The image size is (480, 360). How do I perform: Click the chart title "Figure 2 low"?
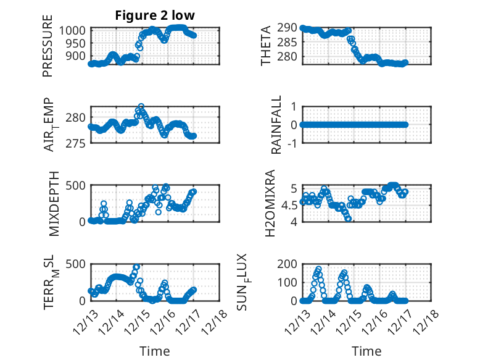click(155, 16)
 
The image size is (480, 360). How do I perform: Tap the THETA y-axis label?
click(266, 46)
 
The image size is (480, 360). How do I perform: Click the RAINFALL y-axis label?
click(276, 125)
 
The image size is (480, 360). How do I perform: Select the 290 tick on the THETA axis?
click(289, 28)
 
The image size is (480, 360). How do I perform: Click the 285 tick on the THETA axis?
click(289, 43)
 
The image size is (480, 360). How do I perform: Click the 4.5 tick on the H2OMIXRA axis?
click(289, 203)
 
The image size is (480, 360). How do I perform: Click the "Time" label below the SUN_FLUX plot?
click(366, 351)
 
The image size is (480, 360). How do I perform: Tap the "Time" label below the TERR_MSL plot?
click(155, 351)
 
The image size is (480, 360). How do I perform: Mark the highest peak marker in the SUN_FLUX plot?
click(318, 269)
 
